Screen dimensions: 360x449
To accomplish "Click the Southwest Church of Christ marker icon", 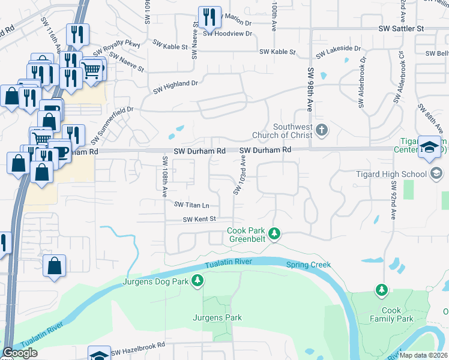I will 322,129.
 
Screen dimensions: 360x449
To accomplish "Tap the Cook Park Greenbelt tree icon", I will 274,233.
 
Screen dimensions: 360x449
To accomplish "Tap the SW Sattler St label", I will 402,28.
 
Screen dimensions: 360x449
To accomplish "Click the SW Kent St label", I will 199,220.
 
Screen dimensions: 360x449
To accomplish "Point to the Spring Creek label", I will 309,265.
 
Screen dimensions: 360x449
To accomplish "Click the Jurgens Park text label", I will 217,317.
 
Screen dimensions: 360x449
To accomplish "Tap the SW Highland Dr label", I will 175,85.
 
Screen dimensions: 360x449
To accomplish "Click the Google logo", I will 20,353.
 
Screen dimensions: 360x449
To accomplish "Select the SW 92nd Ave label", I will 394,201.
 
